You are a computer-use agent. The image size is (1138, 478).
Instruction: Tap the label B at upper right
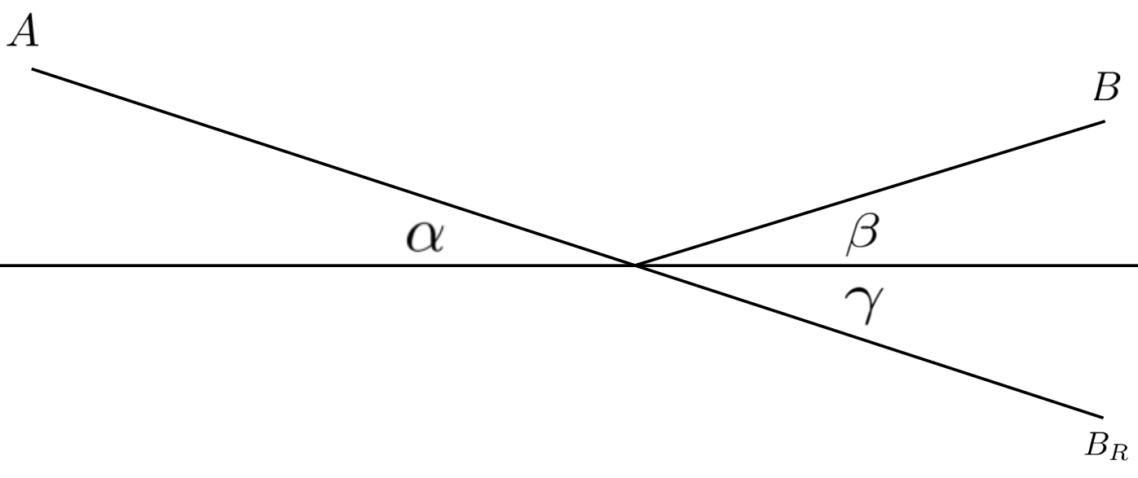pos(1106,87)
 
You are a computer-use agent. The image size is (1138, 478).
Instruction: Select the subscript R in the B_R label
pos(1118,452)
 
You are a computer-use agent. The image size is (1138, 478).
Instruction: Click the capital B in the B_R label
pos(1096,445)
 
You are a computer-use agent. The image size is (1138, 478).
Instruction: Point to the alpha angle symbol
pos(426,237)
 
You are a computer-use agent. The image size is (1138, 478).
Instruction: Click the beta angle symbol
pos(862,234)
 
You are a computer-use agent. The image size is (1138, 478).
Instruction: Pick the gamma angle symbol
pos(864,305)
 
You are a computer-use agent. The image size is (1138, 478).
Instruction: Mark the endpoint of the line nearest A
pos(33,68)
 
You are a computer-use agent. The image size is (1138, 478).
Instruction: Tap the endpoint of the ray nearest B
pos(1105,121)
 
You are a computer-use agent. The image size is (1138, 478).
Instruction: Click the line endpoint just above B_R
pos(1103,418)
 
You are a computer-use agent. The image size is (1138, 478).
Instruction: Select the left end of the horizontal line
pos(1,265)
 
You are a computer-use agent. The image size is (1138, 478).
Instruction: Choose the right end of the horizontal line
pos(1137,265)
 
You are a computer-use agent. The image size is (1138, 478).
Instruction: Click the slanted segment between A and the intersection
pos(334,167)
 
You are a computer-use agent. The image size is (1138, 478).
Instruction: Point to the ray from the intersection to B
pos(870,193)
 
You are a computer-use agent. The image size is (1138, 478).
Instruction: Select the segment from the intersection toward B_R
pos(869,341)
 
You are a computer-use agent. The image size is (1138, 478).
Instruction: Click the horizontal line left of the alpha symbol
pos(203,265)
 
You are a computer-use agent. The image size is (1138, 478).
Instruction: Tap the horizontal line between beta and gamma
pos(863,265)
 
